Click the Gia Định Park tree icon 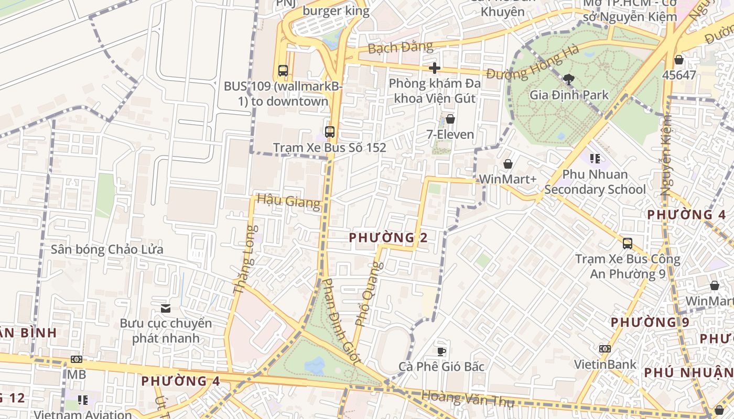pos(568,80)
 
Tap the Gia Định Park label pos(569,95)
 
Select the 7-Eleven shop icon pos(450,119)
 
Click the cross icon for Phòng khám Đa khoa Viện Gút pos(434,68)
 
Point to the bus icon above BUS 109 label pos(283,71)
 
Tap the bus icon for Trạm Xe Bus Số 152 pos(329,132)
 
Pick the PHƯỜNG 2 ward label pos(388,238)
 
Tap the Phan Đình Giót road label pos(341,322)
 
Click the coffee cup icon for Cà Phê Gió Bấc pos(441,351)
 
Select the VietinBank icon pos(605,349)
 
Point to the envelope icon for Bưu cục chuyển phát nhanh pos(166,308)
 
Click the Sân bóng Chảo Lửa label pos(107,249)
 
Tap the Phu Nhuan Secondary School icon pos(595,158)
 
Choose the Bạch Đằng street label pos(401,48)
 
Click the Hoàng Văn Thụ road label pos(468,400)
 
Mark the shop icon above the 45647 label pos(679,60)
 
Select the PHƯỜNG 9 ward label pos(650,322)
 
